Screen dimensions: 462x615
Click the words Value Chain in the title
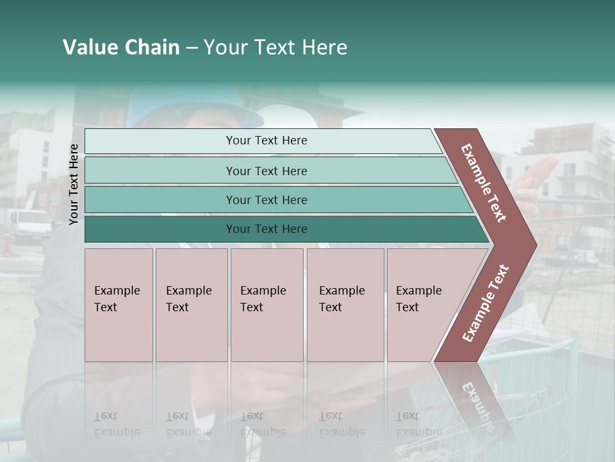121,47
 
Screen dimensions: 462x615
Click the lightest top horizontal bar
160,141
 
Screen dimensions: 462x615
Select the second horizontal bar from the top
160,171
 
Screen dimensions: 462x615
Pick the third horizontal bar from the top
160,200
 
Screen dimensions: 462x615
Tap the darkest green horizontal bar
160,229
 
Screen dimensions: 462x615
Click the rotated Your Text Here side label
74,184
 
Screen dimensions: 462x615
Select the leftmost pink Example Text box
119,305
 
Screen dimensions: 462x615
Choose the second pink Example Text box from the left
192,305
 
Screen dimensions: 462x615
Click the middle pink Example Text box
266,305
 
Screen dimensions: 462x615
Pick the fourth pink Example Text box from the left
345,305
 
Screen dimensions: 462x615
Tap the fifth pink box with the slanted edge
423,305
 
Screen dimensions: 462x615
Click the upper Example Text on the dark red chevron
484,183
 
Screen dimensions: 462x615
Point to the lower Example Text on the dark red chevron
486,303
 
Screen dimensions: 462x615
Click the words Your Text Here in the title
275,47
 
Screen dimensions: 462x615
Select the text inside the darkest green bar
266,229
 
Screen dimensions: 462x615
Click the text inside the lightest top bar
266,141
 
